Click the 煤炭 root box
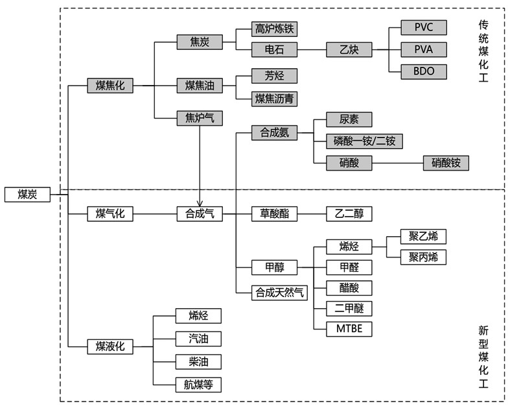[x=27, y=194]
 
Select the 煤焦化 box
[x=110, y=85]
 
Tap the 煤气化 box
[x=110, y=213]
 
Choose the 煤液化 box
[x=110, y=346]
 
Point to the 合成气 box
[x=200, y=213]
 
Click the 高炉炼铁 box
[x=275, y=29]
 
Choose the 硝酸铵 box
[x=445, y=163]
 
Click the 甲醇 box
[x=275, y=267]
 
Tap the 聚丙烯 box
[x=423, y=257]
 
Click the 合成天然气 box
[x=279, y=291]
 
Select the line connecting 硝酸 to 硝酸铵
[x=397, y=163]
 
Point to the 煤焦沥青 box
[x=275, y=99]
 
